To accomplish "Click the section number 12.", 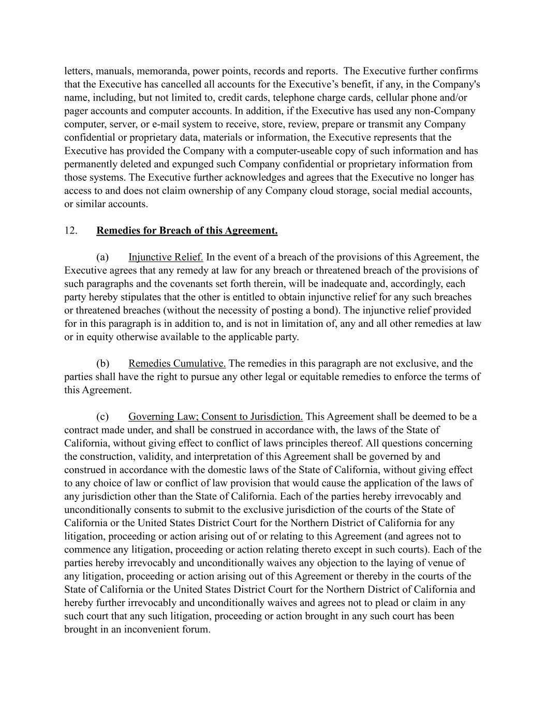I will pos(70,230).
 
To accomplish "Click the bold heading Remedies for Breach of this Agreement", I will pos(187,230).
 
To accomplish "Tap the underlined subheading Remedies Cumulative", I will pos(177,363).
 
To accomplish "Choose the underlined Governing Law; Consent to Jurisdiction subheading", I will pos(215,416).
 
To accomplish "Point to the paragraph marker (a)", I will pos(102,257).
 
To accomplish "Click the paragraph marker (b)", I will pos(102,363).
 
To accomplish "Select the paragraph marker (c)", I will pos(102,416).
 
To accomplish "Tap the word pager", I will pos(76,111).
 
